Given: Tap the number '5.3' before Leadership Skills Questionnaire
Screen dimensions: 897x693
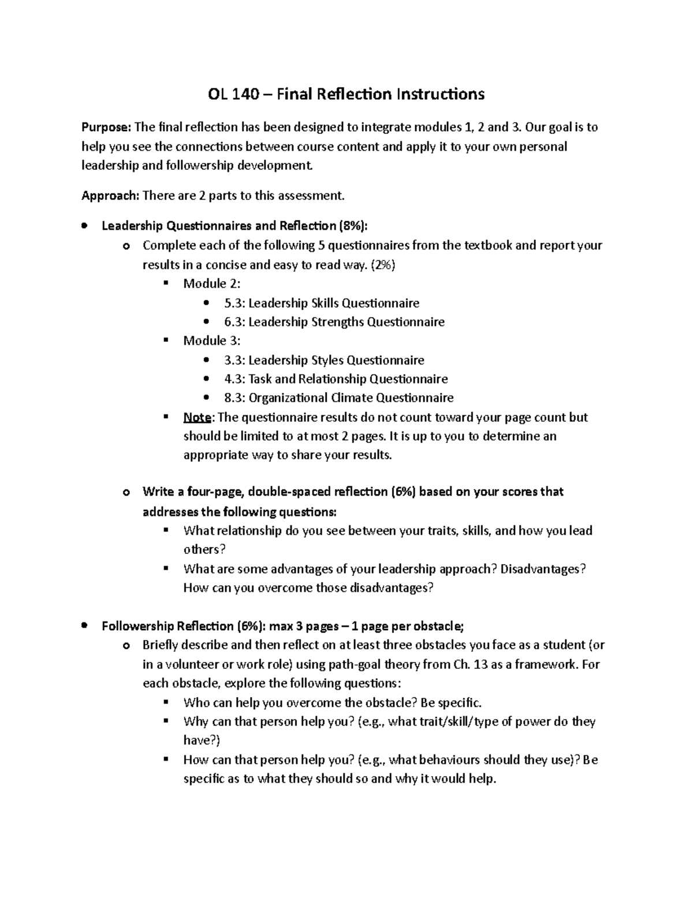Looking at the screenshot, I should click(233, 303).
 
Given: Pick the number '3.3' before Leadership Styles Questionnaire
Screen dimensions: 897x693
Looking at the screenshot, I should click(233, 360).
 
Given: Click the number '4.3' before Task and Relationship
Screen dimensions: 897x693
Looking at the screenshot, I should click(233, 379).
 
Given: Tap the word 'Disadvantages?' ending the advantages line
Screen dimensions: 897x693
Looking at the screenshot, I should click(543, 569).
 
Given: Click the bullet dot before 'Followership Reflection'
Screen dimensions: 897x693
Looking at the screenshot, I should click(85, 626).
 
